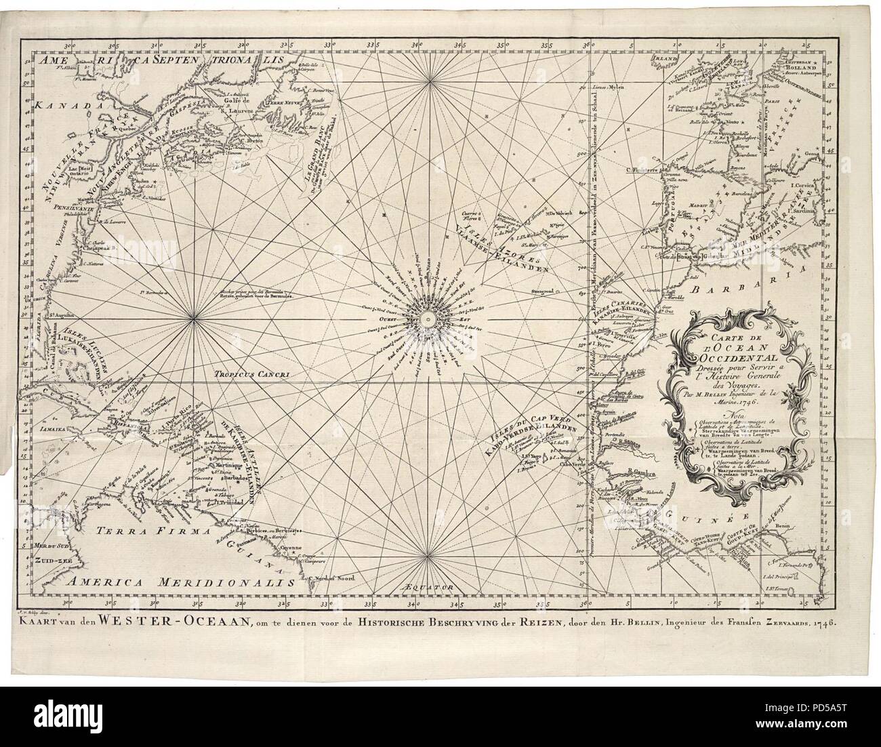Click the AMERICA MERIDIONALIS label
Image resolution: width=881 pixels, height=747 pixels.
180,582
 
